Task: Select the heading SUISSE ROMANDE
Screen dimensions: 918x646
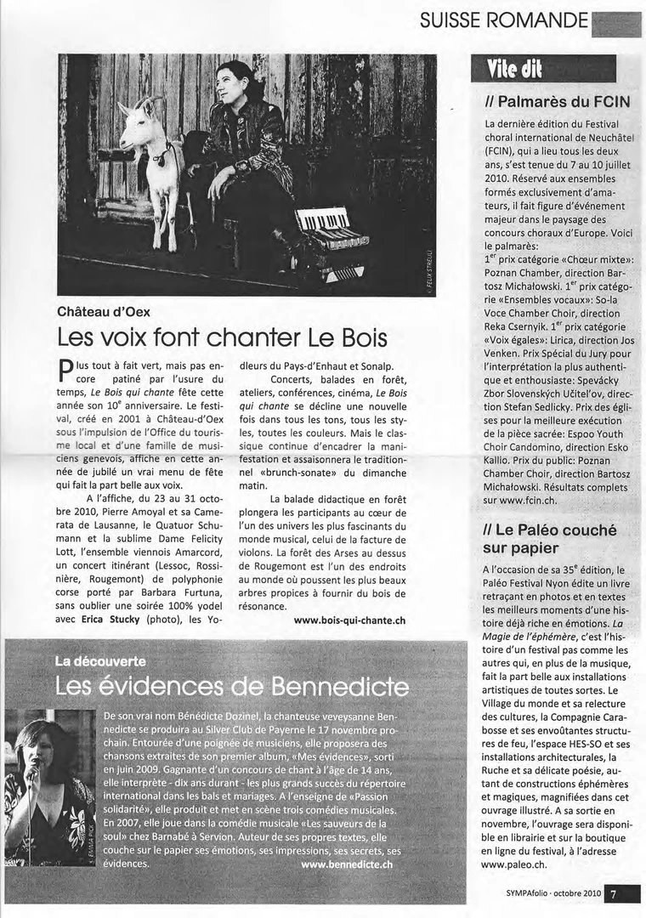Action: point(503,20)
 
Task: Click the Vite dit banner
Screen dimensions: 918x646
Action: point(513,69)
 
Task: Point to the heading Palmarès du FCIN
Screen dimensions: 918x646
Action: point(557,102)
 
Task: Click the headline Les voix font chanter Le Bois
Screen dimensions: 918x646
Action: point(222,337)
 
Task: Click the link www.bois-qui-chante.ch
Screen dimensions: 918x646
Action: point(349,620)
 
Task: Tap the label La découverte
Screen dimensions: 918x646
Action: point(100,661)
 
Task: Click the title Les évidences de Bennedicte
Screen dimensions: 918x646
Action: point(231,685)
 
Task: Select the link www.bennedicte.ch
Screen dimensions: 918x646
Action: point(347,864)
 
